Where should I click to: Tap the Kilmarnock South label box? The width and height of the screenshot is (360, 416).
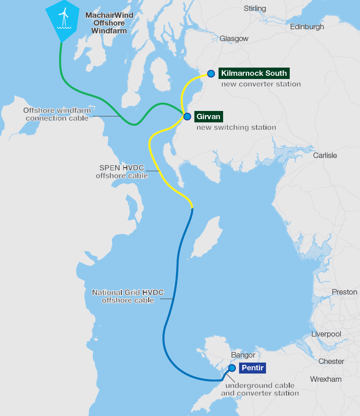pos(254,73)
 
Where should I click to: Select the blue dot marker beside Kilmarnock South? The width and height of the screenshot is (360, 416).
pos(211,74)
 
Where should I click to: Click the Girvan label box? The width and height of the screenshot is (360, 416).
pos(209,116)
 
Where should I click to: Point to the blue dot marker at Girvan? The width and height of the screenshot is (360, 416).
pos(187,116)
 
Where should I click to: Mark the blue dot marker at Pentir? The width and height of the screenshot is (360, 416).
pos(232,368)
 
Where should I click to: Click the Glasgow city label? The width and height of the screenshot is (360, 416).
pos(234,39)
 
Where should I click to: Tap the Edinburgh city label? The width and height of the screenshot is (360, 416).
pos(307,27)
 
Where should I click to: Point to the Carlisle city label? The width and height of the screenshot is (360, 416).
pos(325,155)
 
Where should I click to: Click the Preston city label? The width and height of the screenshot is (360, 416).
pos(344,292)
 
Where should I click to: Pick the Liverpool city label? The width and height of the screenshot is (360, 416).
pos(326,334)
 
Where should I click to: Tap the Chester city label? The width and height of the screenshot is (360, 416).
pos(331,361)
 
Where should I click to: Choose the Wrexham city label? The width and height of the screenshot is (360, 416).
pos(326,379)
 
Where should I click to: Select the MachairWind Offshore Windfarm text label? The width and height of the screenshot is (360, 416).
pos(110,23)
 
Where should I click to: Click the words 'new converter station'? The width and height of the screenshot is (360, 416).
pos(261,84)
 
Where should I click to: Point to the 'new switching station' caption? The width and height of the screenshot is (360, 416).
pos(236,127)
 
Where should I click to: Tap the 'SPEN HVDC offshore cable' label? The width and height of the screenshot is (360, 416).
pos(122,172)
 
